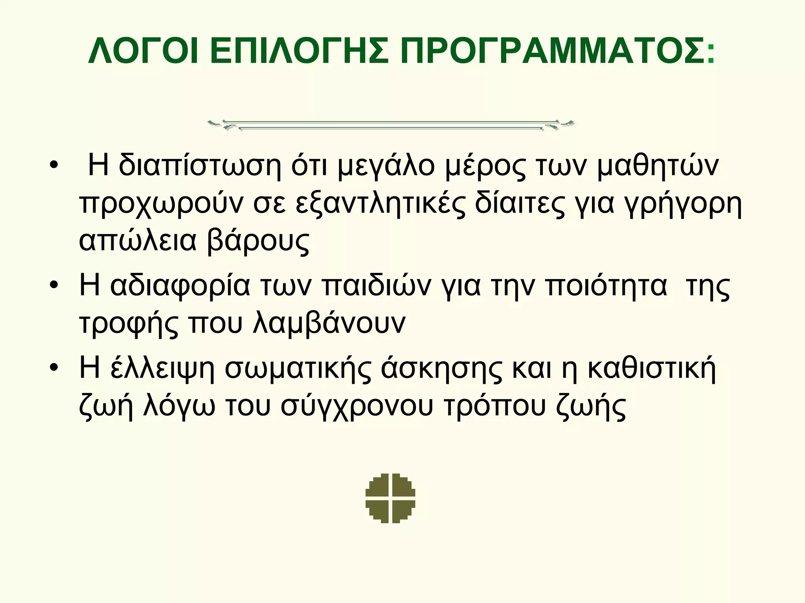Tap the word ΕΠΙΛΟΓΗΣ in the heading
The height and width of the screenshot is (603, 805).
click(x=299, y=51)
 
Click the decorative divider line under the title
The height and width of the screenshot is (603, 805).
click(x=391, y=125)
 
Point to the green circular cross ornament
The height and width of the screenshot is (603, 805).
click(x=390, y=498)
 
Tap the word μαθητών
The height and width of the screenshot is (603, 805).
click(x=658, y=166)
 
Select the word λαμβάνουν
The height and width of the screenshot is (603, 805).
click(x=329, y=323)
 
